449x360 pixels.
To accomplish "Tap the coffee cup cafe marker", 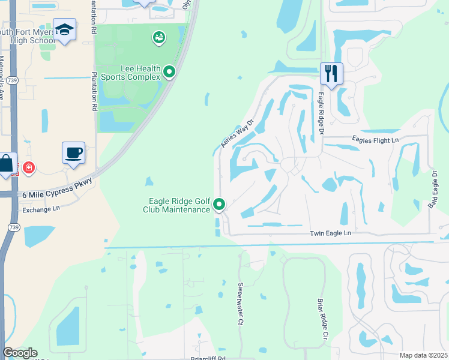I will [73, 152].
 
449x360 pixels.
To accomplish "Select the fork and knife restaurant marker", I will [331, 73].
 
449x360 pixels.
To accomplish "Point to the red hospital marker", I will [28, 168].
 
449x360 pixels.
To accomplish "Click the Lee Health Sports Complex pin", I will [169, 73].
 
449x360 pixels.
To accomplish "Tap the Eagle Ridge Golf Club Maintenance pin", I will [219, 205].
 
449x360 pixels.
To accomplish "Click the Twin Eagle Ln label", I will [330, 233].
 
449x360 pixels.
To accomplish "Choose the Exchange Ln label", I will [41, 210].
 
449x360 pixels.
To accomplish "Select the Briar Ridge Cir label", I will [321, 319].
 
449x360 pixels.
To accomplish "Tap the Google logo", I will [20, 353].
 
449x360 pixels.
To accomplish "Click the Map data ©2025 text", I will [423, 355].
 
